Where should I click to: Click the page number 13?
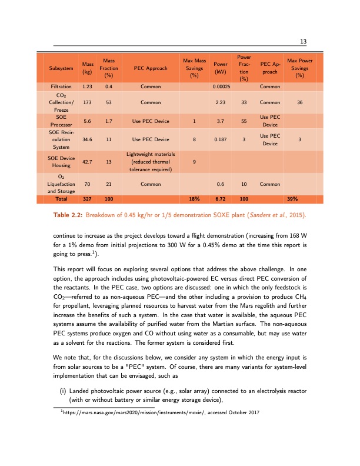304,41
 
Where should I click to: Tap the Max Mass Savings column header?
194,69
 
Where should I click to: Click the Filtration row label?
62,87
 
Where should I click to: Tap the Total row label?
62,199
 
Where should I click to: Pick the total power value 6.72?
221,199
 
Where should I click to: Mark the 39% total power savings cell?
299,199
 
